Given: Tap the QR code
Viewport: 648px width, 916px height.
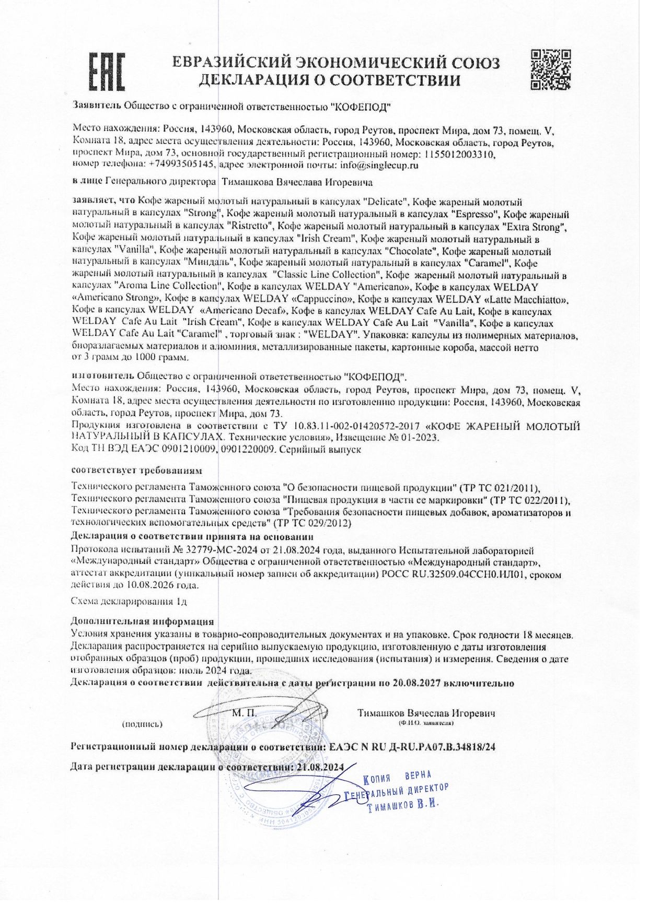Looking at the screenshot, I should tap(550, 69).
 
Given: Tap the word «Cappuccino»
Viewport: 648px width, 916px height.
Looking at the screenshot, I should tap(323, 299).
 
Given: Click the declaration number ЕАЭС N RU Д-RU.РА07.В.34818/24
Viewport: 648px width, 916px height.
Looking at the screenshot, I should tap(412, 747).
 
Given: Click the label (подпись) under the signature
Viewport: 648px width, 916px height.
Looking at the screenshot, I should tap(142, 724).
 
